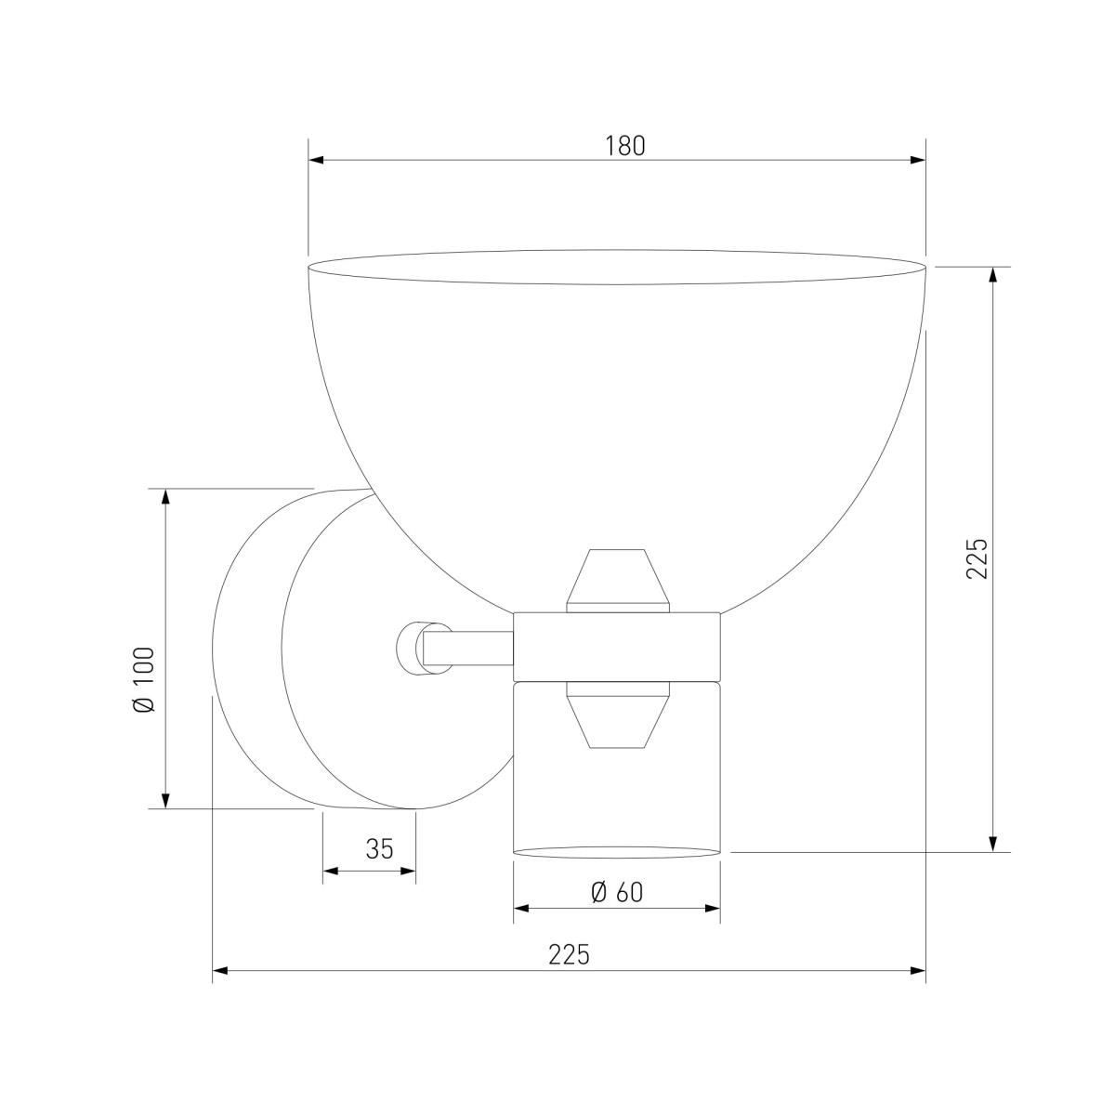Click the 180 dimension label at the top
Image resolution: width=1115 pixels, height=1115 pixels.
tap(624, 146)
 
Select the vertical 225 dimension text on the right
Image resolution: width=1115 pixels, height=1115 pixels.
tap(977, 558)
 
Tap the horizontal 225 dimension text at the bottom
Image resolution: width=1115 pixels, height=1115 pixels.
tap(569, 955)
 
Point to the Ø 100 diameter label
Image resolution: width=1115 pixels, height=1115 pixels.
tap(145, 680)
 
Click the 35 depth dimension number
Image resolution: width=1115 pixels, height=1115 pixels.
tap(379, 848)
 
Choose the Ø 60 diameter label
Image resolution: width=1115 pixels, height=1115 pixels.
tap(617, 892)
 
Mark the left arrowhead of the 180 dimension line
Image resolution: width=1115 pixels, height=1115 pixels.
tap(316, 161)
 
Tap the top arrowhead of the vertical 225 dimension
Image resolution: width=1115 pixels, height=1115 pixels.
tap(994, 275)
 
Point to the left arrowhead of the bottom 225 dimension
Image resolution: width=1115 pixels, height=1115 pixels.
tap(221, 972)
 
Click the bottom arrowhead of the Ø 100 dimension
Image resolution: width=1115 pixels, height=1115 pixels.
tap(166, 800)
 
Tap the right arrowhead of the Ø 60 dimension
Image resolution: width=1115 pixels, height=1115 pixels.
tap(713, 908)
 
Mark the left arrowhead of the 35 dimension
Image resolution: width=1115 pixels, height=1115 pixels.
tap(330, 872)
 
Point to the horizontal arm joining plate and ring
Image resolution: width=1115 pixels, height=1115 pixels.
tap(469, 647)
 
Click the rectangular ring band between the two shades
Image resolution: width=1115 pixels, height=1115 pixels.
tap(617, 645)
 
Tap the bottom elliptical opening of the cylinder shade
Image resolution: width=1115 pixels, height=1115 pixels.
tap(617, 850)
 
